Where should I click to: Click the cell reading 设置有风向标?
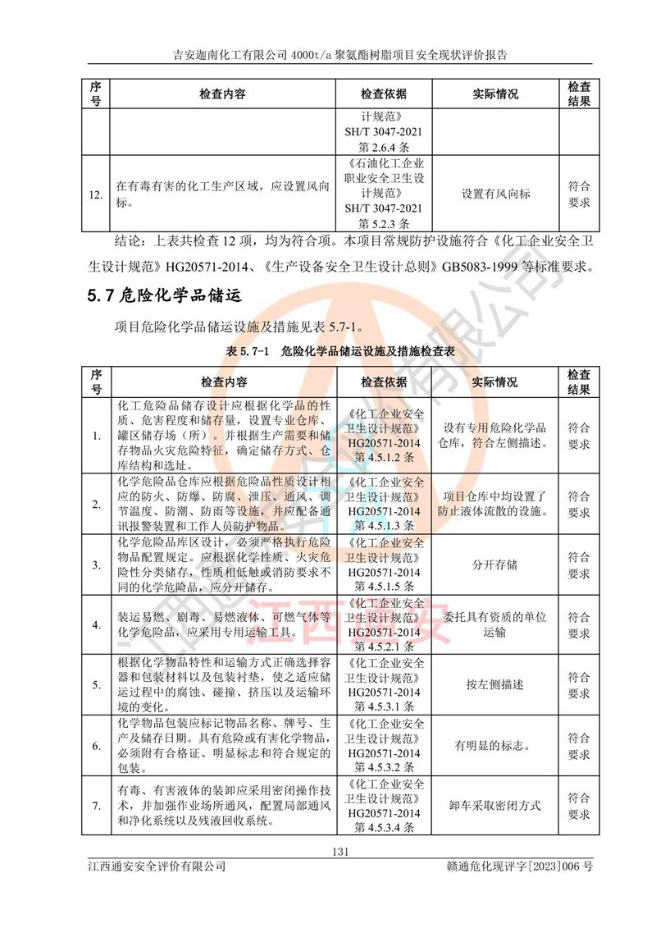(495, 194)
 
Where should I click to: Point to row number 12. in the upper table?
(95, 194)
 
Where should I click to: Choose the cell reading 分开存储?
(495, 565)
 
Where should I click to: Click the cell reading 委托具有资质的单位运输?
(495, 624)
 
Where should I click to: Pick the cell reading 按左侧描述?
(495, 684)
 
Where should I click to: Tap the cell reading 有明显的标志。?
(495, 746)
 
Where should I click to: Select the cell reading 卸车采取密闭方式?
(495, 806)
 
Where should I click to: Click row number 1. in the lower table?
(95, 436)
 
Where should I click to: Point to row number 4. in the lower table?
(95, 624)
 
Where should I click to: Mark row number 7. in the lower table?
(95, 806)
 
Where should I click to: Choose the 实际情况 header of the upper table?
(495, 94)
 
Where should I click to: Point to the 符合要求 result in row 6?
(579, 746)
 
